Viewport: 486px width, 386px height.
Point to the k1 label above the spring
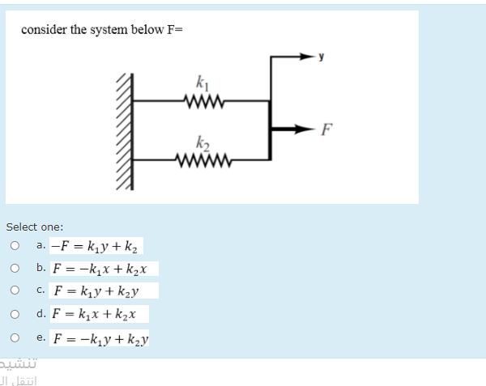tap(201, 81)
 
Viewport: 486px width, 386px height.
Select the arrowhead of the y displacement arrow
tap(307, 57)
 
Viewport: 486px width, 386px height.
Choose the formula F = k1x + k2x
tap(98, 313)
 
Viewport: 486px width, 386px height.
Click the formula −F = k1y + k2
tap(96, 245)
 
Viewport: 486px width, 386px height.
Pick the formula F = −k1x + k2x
tap(103, 268)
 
